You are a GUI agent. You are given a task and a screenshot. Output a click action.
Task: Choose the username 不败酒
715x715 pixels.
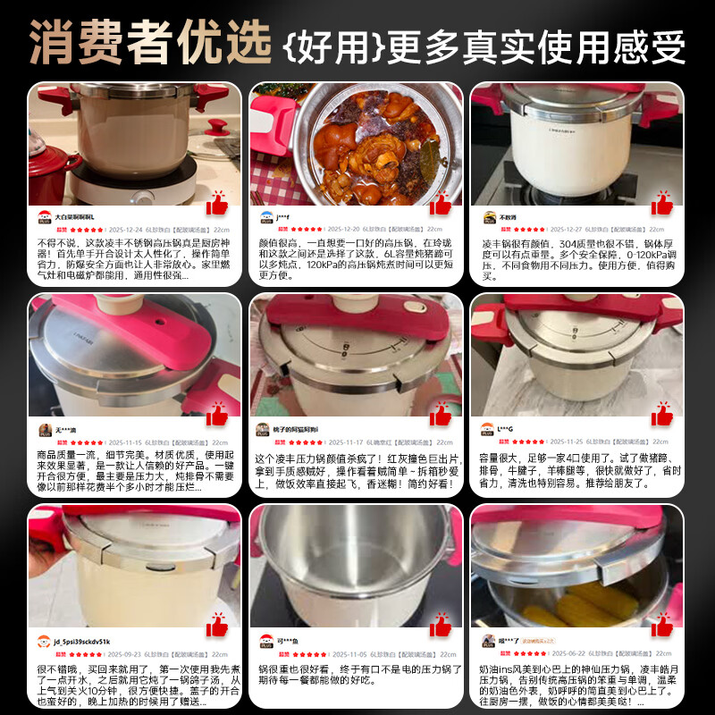pos(508,217)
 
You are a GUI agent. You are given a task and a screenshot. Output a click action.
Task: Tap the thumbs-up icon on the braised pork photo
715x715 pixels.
pos(440,204)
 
